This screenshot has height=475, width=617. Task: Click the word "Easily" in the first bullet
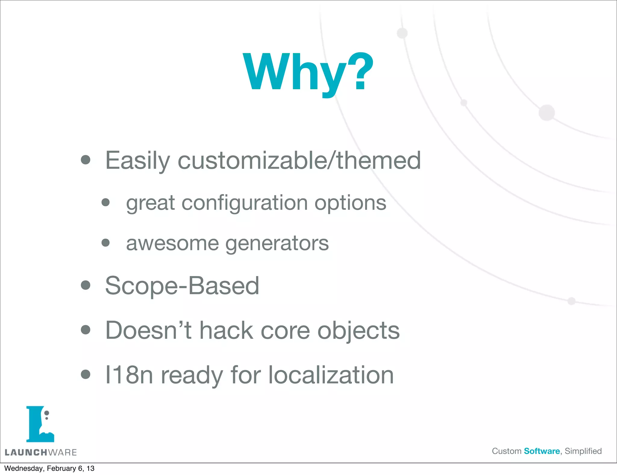coord(137,161)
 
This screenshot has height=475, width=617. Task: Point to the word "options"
coord(350,203)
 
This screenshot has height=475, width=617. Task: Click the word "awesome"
coord(172,243)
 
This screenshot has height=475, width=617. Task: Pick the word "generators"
coord(277,243)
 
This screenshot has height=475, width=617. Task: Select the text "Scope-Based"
coord(182,285)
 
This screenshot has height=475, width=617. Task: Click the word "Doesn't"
coord(148,330)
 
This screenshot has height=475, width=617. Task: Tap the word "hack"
coord(226,330)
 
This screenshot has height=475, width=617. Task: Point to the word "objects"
coord(359,330)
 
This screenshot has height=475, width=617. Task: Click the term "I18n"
coord(129,375)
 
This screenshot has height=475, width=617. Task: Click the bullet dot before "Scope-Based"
coord(86,285)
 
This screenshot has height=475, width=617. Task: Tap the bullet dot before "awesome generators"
coord(105,243)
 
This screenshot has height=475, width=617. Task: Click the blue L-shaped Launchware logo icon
coord(40,424)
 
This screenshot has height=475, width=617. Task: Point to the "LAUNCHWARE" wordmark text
coord(41,452)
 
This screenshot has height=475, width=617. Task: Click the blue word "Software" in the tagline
coord(542,451)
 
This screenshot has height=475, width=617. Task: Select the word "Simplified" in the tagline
coord(583,451)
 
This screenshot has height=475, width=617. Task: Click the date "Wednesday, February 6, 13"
coord(49,468)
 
